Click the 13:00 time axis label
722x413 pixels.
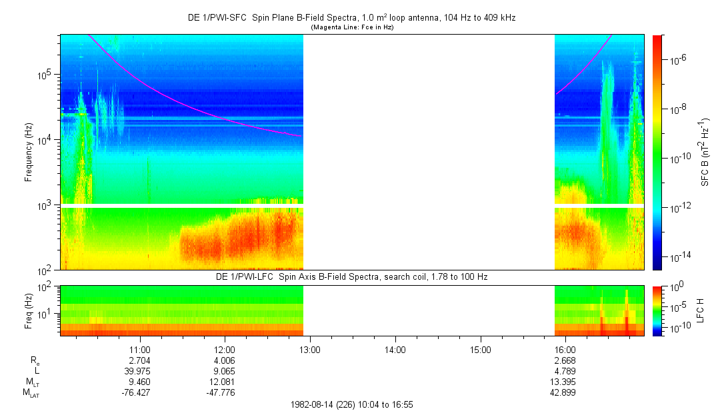click(310, 349)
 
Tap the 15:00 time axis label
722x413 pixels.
click(481, 349)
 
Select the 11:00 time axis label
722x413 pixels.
click(139, 349)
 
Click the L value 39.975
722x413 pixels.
click(139, 371)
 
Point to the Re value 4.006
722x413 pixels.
click(225, 360)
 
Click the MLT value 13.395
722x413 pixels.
click(565, 382)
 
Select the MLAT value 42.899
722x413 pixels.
click(565, 392)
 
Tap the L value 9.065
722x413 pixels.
click(225, 371)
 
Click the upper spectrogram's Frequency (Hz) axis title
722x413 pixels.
click(29, 152)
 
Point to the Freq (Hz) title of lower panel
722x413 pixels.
click(29, 310)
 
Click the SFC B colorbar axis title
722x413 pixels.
click(705, 152)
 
